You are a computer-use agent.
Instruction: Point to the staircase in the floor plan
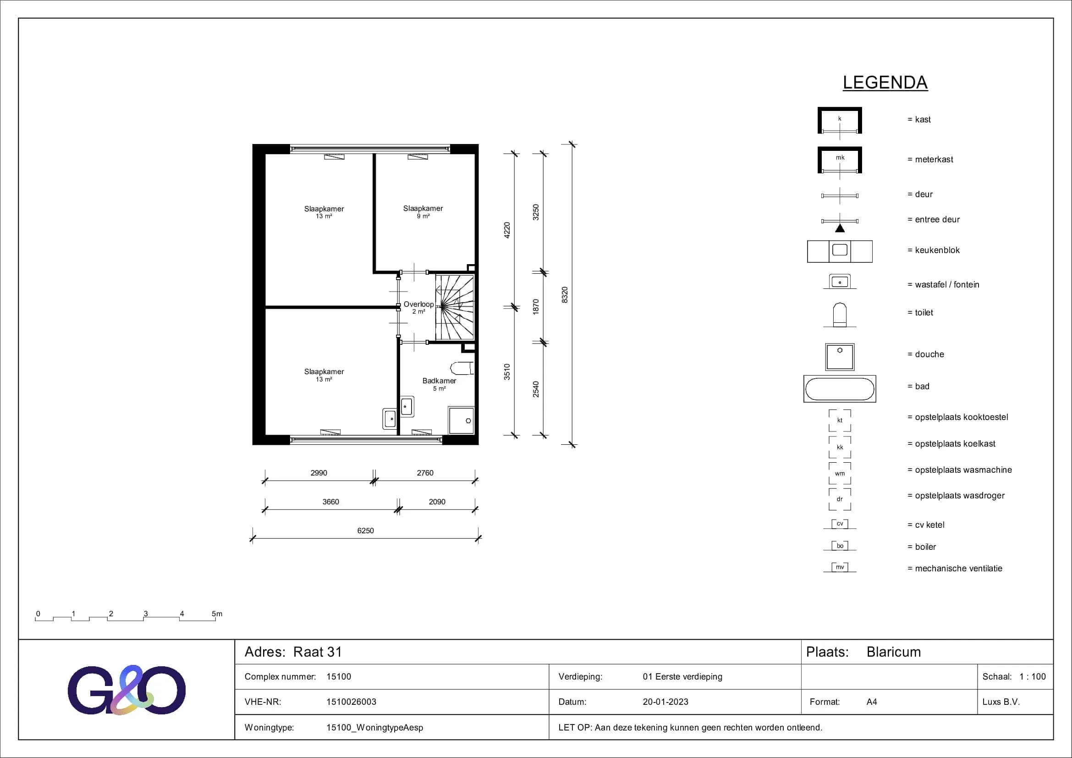455,307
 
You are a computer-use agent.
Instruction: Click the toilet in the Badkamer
462,368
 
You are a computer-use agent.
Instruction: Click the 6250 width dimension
366,531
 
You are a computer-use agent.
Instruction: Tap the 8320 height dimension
565,295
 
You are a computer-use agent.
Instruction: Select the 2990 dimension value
319,473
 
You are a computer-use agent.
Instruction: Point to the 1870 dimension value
536,307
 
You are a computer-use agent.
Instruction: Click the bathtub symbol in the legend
840,388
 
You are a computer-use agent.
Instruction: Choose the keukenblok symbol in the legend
840,251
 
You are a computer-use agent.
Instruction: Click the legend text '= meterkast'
930,159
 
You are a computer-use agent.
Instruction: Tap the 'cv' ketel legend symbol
840,524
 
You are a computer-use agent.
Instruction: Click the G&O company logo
126,690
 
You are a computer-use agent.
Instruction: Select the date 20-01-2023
665,702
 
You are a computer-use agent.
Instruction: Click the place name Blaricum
894,652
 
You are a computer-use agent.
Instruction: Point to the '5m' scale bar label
217,614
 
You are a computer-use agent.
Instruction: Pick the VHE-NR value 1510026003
351,702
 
